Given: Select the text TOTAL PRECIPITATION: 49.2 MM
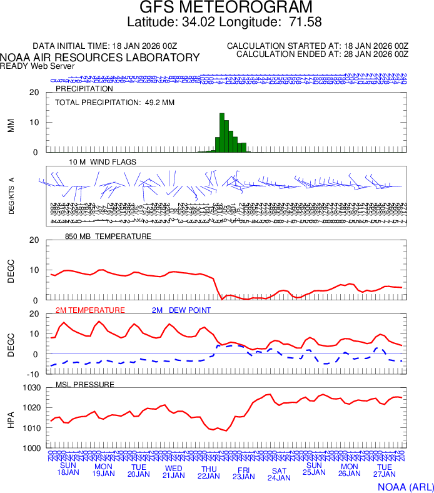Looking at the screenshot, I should tap(114, 102).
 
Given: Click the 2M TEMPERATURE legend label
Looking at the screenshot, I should tap(90, 310).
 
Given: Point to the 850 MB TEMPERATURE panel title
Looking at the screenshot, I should tap(108, 236).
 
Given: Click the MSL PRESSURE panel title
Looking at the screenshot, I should tap(85, 384).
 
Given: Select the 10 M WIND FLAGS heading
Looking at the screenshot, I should tap(103, 162).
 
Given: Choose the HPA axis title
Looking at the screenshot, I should tap(11, 418).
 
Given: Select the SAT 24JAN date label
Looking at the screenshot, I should tap(279, 474).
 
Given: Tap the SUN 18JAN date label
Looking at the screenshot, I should tap(69, 469).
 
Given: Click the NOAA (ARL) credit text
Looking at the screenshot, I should tap(405, 486).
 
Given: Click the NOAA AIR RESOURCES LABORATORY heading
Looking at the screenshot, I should tap(100, 58).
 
